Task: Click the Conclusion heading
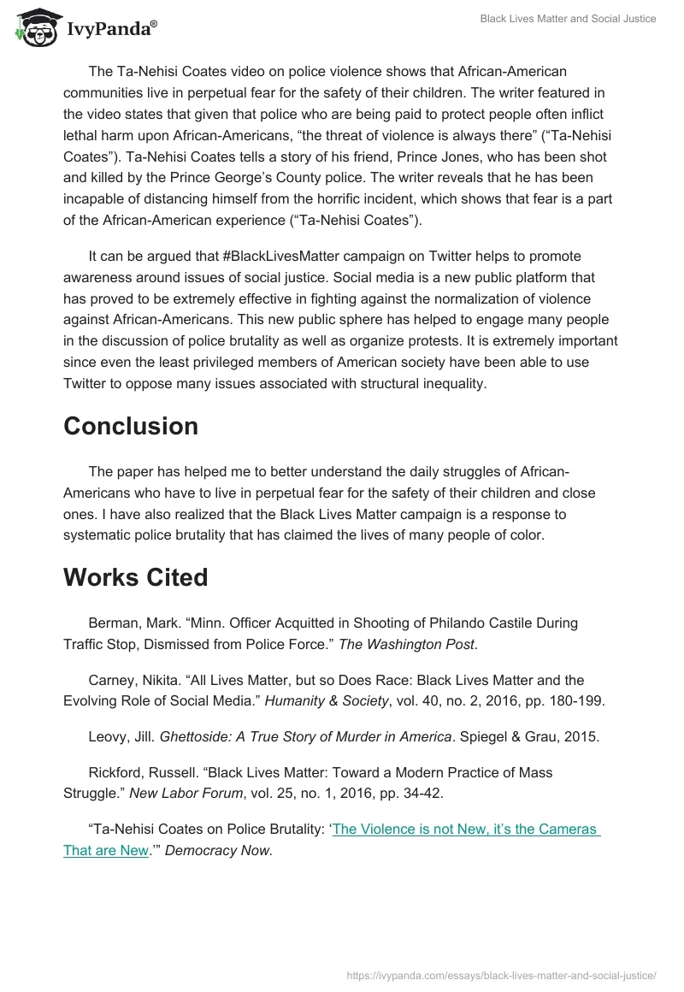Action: (131, 426)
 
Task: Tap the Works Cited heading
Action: (136, 577)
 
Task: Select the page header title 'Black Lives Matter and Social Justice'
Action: (568, 19)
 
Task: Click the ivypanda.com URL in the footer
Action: (501, 975)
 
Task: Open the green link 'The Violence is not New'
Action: (466, 829)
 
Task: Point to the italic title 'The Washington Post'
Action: (406, 644)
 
